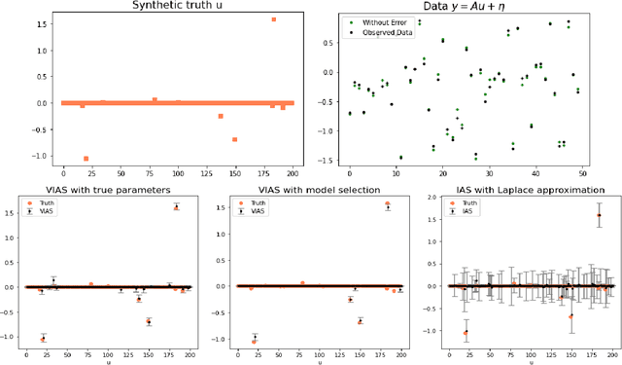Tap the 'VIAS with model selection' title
313,190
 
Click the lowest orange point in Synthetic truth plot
86,159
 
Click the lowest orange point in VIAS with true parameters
43,339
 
